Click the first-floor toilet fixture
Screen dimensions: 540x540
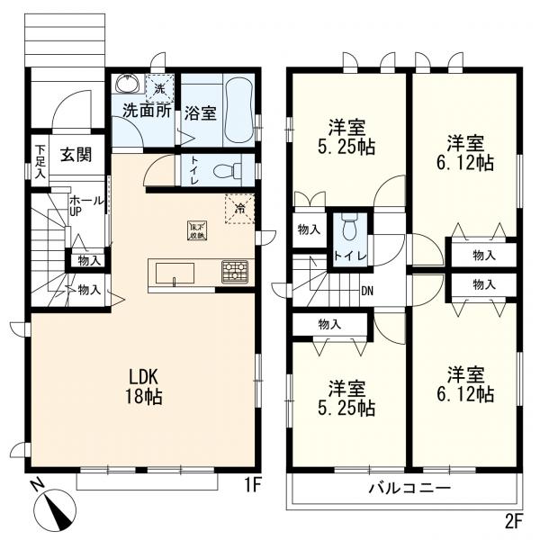[x=236, y=169]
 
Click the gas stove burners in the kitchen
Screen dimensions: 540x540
[x=235, y=270]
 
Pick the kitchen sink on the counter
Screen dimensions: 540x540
[x=175, y=272]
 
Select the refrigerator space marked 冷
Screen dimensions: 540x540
[x=239, y=208]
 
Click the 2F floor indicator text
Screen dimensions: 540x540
[x=513, y=519]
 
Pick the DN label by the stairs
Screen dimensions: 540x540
[x=368, y=291]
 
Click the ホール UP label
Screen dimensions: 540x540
[x=86, y=206]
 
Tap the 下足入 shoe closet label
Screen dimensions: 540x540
[x=40, y=161]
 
